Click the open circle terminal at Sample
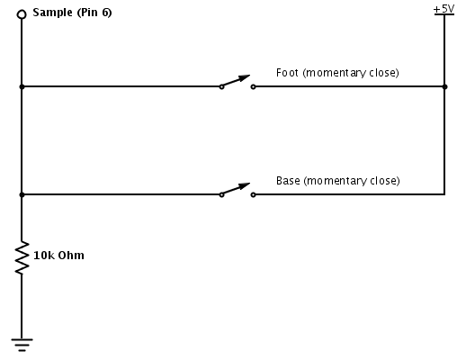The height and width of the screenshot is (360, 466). pos(22,14)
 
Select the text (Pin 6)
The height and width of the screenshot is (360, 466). pos(95,13)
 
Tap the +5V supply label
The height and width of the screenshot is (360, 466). pos(444,9)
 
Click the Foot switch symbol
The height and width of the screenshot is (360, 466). pos(237,84)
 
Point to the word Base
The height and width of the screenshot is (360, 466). pos(289,180)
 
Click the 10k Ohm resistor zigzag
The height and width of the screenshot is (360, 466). pos(22,257)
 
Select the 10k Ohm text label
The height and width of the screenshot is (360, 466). pos(58,256)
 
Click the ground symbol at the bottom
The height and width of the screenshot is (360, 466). pos(22,342)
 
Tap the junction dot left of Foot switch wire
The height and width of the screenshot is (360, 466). pos(22,87)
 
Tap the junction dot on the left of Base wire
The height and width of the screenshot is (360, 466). pos(22,194)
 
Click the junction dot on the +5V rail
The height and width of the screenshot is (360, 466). pos(444,87)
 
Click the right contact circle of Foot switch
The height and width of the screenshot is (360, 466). pos(253,87)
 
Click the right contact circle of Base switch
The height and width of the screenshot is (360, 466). pos(253,194)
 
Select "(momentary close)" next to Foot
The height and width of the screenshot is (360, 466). pos(351,72)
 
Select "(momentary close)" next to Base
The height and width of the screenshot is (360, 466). pos(352,180)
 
